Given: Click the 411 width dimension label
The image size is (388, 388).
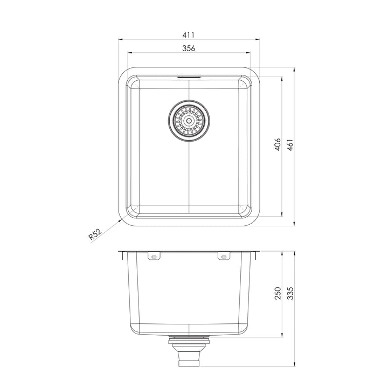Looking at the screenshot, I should [188, 34].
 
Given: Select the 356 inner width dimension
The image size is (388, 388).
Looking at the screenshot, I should [188, 48].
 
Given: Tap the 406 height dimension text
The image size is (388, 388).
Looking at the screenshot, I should [277, 145].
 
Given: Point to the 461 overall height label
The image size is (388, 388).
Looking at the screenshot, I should [290, 145].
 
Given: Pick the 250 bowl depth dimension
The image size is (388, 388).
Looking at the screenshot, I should [278, 293].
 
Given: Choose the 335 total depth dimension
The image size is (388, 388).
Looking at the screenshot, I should [290, 293].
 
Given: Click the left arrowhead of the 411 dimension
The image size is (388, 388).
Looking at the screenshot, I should [120, 39].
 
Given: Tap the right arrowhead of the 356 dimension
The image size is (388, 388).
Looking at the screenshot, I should [249, 53].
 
